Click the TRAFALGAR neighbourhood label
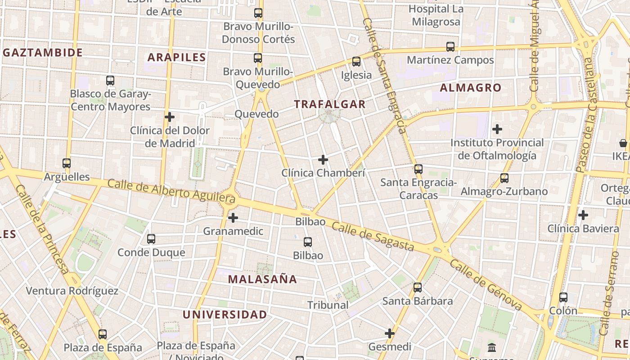[x=329, y=104]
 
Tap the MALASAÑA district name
[x=262, y=279]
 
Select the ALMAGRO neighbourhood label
[x=470, y=88]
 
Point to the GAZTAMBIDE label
[x=43, y=53]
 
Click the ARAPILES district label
[x=176, y=57]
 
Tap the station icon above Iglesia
[x=356, y=62]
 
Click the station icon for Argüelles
[x=67, y=163]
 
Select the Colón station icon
[x=563, y=297]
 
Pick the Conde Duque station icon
[x=151, y=239]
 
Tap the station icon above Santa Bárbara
[x=418, y=288]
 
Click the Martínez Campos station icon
[x=450, y=47]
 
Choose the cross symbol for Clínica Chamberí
[x=323, y=160]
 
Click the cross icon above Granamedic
[x=233, y=218]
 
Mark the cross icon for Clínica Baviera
[x=583, y=215]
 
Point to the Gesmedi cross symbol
[x=390, y=333]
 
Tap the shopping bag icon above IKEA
[x=623, y=143]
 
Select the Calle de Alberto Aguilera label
[x=171, y=190]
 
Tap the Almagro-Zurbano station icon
[x=504, y=178]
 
